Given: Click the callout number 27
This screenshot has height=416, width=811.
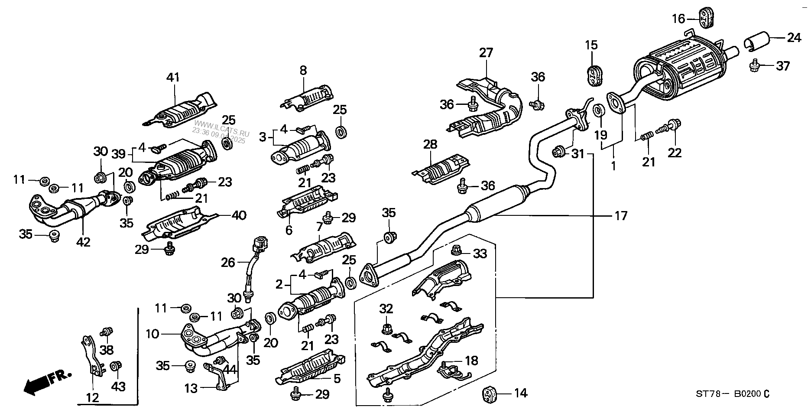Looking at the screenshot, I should pyautogui.click(x=486, y=53).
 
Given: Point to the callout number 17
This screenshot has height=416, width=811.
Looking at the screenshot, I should pyautogui.click(x=621, y=215).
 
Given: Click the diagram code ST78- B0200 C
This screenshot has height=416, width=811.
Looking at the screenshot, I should pyautogui.click(x=732, y=394).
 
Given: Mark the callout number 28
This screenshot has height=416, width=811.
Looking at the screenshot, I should pyautogui.click(x=430, y=145).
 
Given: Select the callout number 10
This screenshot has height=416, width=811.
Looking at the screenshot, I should pyautogui.click(x=153, y=334).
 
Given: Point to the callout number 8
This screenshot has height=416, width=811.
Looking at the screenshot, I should pyautogui.click(x=303, y=70).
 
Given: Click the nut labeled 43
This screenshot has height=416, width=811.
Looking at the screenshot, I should pyautogui.click(x=116, y=366).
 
